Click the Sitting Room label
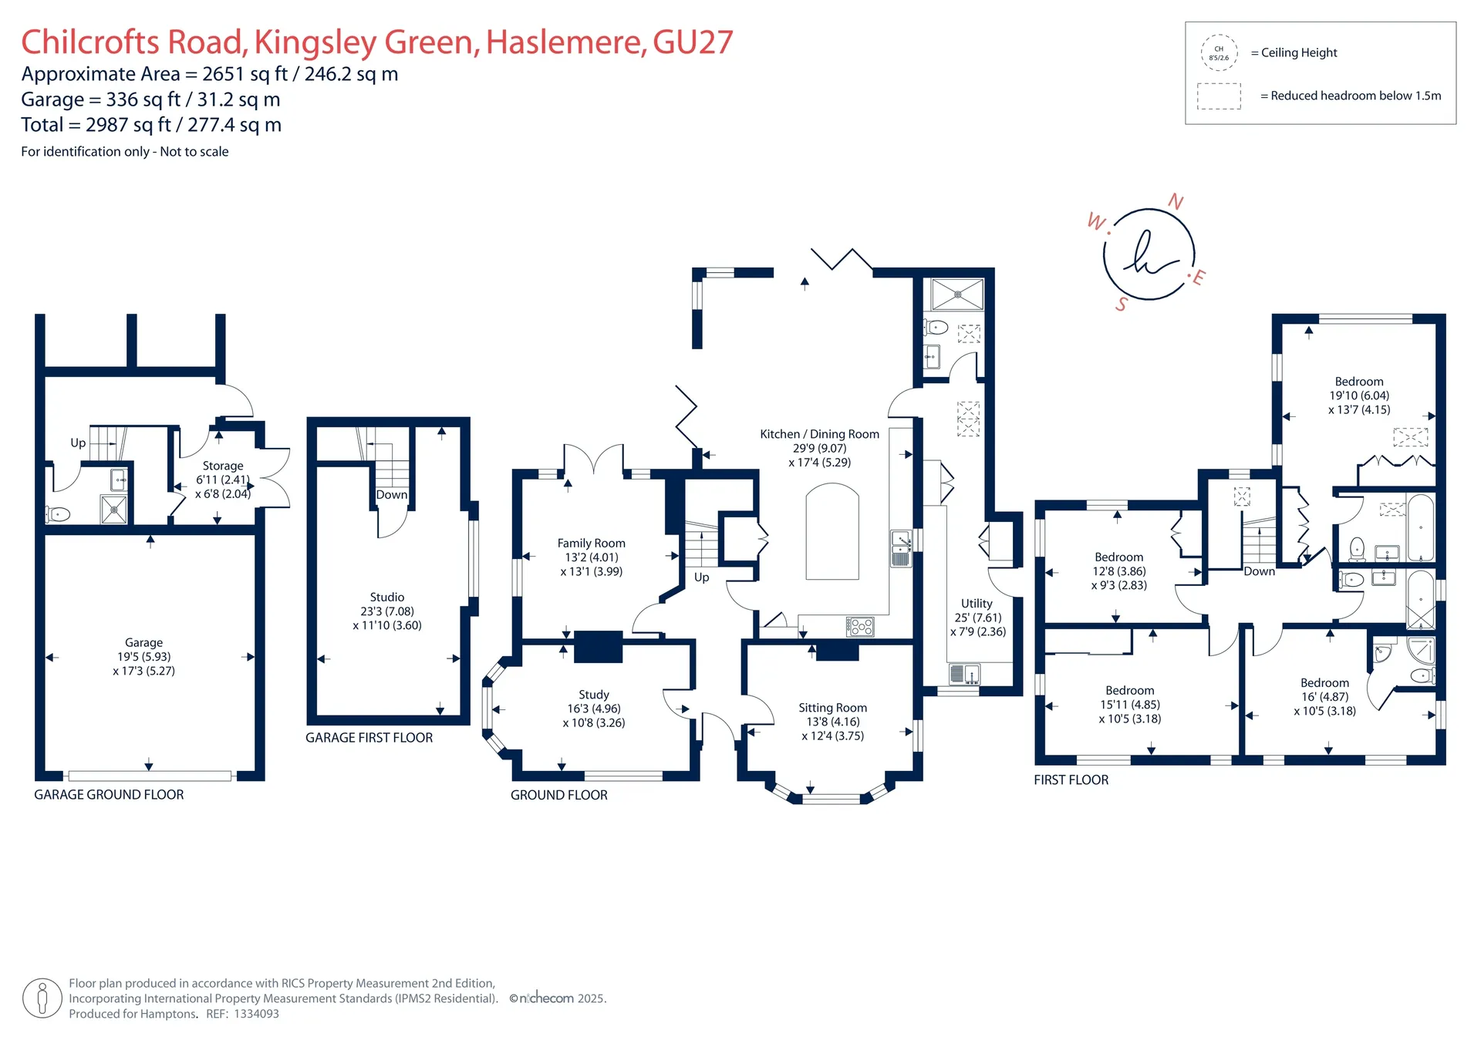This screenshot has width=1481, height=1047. click(832, 708)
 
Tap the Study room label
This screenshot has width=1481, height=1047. click(594, 695)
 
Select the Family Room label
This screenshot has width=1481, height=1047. click(592, 544)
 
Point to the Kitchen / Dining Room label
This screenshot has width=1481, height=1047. click(819, 434)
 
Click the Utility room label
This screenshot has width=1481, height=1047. click(977, 604)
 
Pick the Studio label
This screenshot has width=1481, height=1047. click(387, 598)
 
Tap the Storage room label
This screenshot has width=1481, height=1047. click(223, 466)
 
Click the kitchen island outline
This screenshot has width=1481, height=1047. click(832, 531)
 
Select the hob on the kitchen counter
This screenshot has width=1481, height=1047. click(860, 626)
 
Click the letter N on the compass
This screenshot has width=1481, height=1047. click(1176, 202)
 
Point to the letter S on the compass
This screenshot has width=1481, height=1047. click(1122, 305)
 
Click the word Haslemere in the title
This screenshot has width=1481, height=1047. click(565, 42)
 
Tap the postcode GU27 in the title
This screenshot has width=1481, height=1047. click(693, 42)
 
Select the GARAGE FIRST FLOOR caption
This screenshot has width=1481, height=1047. click(369, 738)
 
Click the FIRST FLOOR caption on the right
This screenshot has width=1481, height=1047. click(1071, 780)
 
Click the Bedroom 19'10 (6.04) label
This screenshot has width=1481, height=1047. click(1359, 396)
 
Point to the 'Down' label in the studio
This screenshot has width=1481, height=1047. click(392, 495)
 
